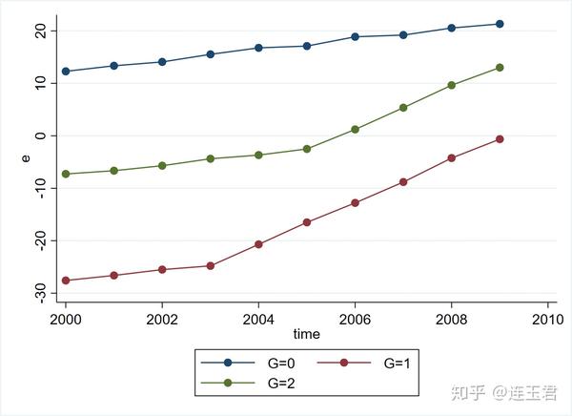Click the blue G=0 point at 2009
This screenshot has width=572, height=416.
[500, 24]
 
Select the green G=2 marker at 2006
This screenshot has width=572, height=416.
[355, 130]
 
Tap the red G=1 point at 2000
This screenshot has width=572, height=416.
[66, 281]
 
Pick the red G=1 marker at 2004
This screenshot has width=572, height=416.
[258, 244]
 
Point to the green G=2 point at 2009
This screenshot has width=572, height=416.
[500, 68]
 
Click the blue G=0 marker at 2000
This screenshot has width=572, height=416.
[66, 72]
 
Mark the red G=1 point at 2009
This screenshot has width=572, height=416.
[500, 139]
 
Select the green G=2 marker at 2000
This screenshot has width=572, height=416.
[66, 174]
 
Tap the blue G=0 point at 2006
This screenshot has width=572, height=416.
[355, 36]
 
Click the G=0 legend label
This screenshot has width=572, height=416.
[281, 364]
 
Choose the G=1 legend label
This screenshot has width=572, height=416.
[397, 364]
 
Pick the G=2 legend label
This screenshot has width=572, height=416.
[281, 384]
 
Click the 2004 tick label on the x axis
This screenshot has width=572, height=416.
[258, 320]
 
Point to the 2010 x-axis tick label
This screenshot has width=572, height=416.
[547, 320]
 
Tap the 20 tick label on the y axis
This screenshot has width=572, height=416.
[41, 31]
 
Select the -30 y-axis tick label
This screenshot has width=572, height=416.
[41, 293]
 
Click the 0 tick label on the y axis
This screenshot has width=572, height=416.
[41, 135]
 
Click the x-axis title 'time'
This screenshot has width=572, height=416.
[306, 334]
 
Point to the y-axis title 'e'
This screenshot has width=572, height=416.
[26, 158]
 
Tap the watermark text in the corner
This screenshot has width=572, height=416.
[504, 393]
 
